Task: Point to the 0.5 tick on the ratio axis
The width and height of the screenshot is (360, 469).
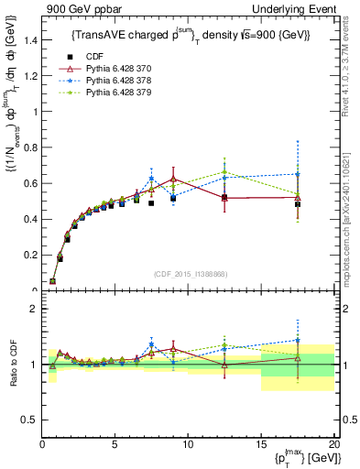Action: [30, 419]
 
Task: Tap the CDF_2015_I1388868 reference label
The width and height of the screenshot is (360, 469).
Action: [189, 272]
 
